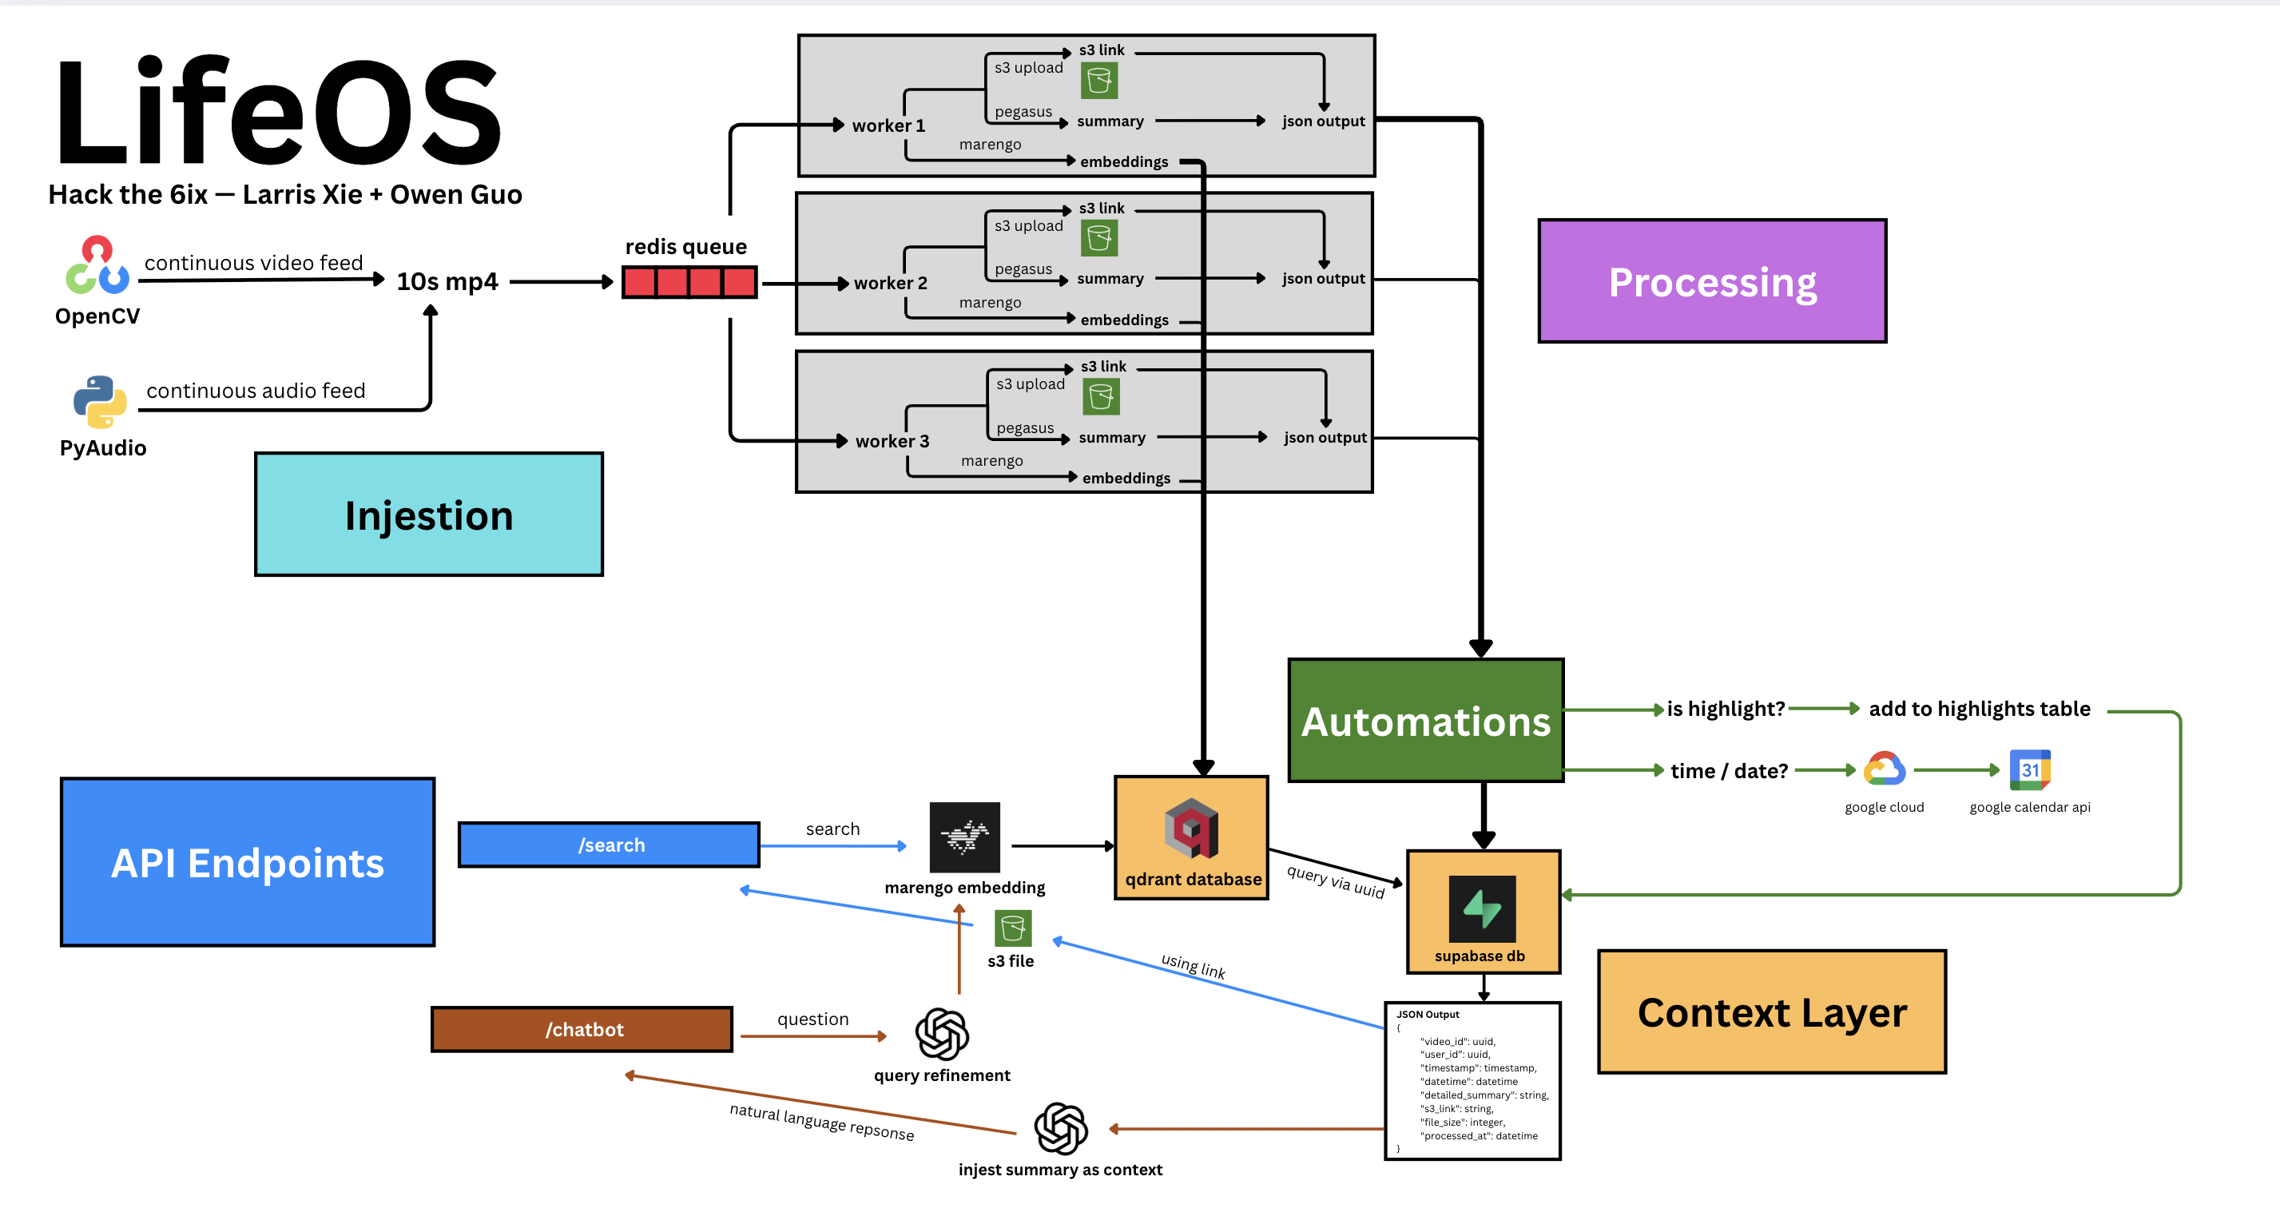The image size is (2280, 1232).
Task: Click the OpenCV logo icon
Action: [x=97, y=264]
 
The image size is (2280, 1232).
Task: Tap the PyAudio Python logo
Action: [x=100, y=402]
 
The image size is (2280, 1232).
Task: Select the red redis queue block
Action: [x=689, y=282]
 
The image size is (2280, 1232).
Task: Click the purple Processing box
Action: [x=1712, y=281]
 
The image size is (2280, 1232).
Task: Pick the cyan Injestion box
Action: [x=429, y=515]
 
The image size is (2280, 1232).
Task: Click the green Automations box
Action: [x=1426, y=721]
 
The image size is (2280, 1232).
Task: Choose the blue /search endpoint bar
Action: [x=610, y=845]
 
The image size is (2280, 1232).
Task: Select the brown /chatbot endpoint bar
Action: [x=582, y=1029]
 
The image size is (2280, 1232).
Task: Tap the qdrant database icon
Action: [x=1191, y=829]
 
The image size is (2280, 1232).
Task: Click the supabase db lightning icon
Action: [x=1483, y=909]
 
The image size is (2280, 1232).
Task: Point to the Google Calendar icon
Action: [x=2029, y=770]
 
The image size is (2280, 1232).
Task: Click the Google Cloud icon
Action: [x=1884, y=769]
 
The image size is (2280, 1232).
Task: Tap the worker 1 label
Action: [x=888, y=125]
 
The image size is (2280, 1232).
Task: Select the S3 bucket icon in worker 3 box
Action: [x=1101, y=396]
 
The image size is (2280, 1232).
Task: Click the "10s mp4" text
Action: [x=447, y=281]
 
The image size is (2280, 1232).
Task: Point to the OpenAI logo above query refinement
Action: [x=942, y=1034]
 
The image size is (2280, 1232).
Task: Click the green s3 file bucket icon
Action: [x=1012, y=928]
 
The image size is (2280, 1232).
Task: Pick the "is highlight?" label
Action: [x=1725, y=709]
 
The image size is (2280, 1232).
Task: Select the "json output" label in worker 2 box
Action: [x=1323, y=279]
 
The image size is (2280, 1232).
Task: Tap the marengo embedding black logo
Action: [x=965, y=837]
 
